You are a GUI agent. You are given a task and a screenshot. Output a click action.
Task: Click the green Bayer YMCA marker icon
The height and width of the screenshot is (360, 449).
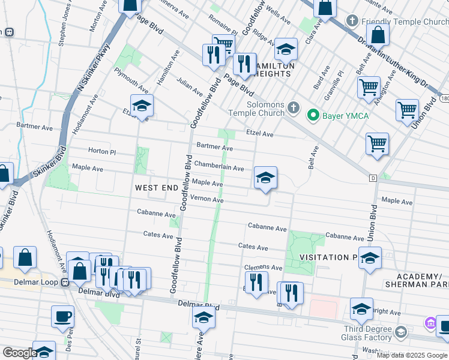coord(312,114)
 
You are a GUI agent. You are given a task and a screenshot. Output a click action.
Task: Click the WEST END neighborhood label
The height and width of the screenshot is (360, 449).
coord(156,188)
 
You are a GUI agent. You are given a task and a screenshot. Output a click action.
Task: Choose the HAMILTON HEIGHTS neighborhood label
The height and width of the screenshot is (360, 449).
coord(266,70)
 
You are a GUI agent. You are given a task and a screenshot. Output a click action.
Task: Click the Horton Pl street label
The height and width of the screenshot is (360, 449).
coord(101,152)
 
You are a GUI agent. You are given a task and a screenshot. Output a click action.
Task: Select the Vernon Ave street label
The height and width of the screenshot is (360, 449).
coord(206,199)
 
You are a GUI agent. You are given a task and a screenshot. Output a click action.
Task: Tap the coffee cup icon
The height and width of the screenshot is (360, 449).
coord(62,316)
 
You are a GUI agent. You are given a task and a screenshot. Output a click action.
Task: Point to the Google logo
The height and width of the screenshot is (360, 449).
coord(19,353)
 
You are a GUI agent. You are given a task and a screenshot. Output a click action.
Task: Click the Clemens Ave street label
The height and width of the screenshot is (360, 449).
coord(263,267)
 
